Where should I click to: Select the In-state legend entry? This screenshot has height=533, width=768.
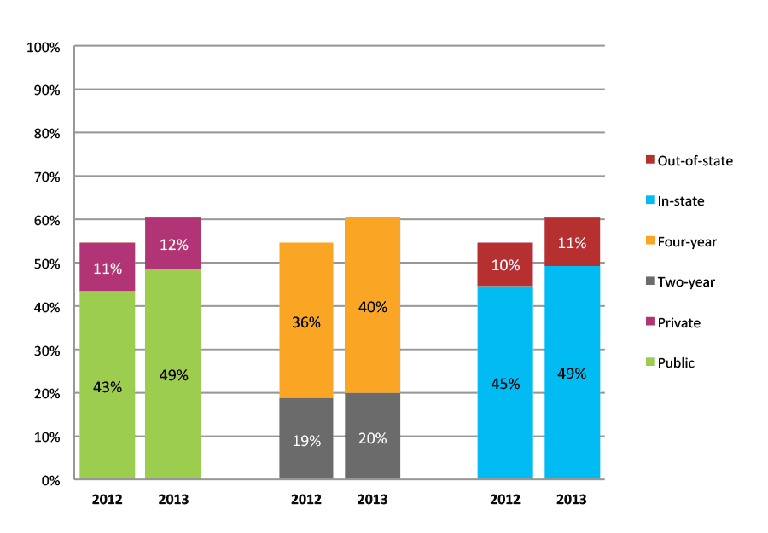click(x=680, y=201)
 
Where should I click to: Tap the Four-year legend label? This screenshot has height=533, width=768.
click(x=687, y=242)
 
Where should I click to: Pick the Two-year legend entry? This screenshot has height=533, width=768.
click(x=686, y=282)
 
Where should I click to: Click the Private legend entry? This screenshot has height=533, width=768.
click(x=678, y=323)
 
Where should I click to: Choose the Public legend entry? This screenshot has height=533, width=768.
click(x=676, y=363)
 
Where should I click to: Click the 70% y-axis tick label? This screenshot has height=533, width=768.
click(x=46, y=177)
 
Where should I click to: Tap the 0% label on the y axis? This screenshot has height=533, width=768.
click(x=50, y=480)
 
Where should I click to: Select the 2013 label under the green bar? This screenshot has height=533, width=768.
click(x=173, y=500)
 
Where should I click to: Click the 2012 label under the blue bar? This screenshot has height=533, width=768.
click(x=505, y=500)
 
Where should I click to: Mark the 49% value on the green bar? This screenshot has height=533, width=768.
click(x=173, y=375)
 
